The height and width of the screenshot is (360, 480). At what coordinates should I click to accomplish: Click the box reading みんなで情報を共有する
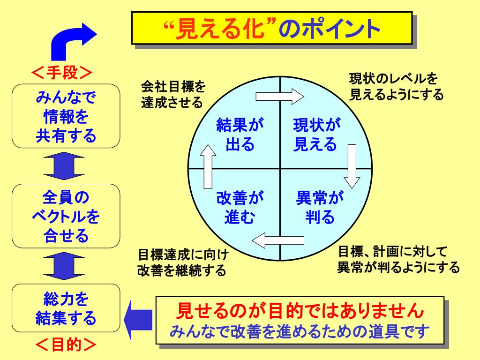(x=66, y=116)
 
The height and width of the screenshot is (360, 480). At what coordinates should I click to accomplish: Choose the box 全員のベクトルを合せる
(x=66, y=216)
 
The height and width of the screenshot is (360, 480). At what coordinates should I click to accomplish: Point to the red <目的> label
(x=66, y=345)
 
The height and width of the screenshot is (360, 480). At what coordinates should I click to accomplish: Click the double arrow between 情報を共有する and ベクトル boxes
(x=66, y=166)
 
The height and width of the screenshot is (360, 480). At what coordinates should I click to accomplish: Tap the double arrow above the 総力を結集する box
(x=66, y=265)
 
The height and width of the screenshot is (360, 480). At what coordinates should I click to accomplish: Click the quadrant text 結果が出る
(x=240, y=135)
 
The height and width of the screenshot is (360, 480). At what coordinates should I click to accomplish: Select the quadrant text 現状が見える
(x=316, y=135)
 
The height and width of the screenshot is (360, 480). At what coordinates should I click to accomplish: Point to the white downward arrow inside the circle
(x=352, y=166)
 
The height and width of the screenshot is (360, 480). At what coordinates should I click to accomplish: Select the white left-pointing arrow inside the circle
(x=279, y=240)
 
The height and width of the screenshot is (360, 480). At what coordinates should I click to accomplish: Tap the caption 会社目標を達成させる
(x=172, y=94)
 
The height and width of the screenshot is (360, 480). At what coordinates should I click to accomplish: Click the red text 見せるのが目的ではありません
(x=300, y=310)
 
